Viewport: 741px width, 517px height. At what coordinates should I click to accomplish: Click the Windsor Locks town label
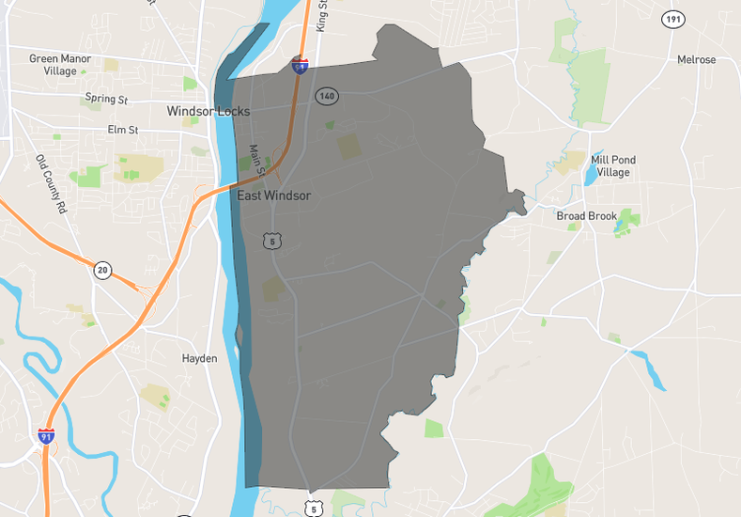click(208, 111)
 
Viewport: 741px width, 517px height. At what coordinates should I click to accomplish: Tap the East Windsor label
click(273, 196)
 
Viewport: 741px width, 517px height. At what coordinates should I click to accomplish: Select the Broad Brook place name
click(587, 216)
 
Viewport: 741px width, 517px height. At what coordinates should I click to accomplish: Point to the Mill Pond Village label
click(612, 166)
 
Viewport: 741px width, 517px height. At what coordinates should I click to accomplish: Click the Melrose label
click(696, 60)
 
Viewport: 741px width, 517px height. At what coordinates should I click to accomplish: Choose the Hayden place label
click(199, 358)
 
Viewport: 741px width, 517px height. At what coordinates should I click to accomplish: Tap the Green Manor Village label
click(58, 64)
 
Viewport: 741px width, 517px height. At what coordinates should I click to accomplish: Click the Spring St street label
click(106, 99)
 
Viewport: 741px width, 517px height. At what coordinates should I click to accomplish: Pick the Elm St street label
click(122, 129)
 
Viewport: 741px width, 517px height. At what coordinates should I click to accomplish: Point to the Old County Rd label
click(52, 182)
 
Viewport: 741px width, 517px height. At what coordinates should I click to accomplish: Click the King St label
click(321, 17)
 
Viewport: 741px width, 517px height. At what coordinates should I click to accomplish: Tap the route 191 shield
click(672, 19)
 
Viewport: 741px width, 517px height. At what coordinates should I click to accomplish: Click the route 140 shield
click(327, 96)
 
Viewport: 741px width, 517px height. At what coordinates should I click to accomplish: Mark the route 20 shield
click(102, 271)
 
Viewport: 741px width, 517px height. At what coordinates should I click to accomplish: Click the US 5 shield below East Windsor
click(273, 242)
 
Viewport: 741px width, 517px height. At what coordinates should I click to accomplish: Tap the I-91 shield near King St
click(300, 66)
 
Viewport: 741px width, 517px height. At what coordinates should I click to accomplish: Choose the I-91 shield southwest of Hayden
click(46, 435)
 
